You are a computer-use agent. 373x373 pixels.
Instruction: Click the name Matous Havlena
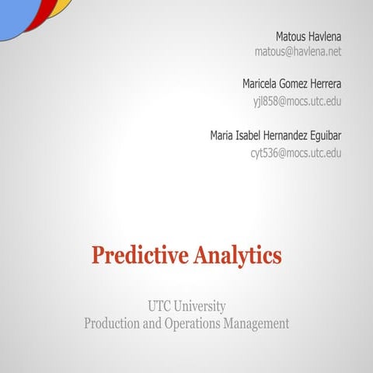(309, 37)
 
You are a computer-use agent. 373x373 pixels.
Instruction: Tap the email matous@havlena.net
(298, 52)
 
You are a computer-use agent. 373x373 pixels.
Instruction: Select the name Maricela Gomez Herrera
(292, 83)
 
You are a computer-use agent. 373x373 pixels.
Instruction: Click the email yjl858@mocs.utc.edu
(298, 101)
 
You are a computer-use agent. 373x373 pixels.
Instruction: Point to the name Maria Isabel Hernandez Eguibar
(276, 135)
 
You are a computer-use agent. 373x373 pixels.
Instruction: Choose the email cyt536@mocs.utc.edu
(296, 152)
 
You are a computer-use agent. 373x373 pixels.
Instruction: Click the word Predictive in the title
(138, 254)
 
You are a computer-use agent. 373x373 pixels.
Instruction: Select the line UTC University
(186, 306)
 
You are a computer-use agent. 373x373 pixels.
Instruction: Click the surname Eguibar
(322, 135)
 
